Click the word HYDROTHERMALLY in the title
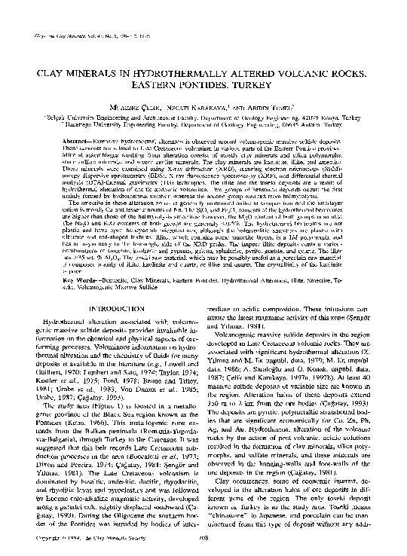pos(165,78)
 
